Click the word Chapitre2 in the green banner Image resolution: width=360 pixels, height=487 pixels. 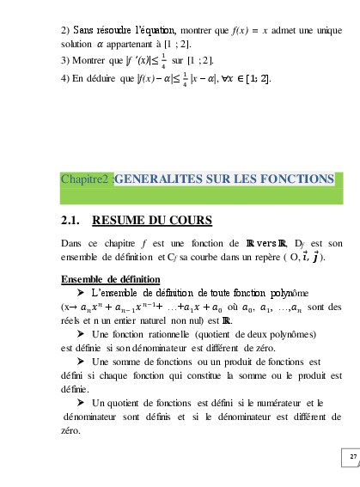point(85,180)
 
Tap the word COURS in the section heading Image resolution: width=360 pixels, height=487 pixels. point(189,221)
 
